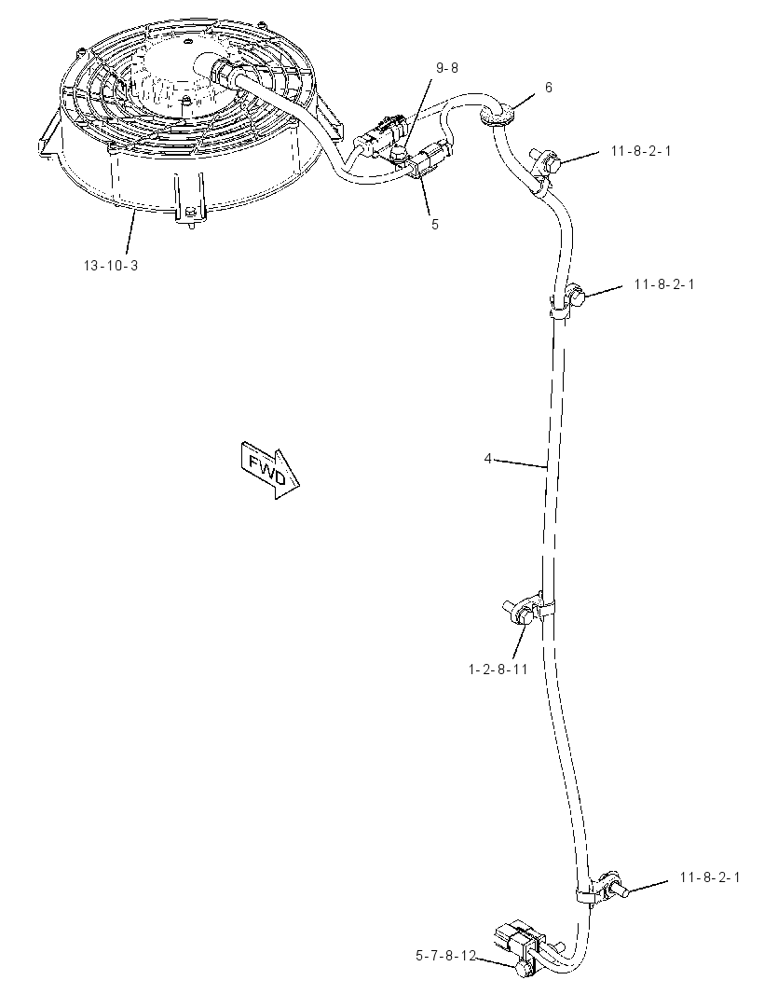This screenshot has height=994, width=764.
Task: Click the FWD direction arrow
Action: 269,470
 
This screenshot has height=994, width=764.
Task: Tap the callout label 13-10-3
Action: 111,266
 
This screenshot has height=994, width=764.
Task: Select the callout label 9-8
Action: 446,68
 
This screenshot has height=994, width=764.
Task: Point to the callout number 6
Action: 549,88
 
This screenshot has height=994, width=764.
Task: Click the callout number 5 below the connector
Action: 434,225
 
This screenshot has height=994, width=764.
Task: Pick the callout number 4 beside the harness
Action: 488,458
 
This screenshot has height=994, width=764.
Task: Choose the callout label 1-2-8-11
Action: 498,669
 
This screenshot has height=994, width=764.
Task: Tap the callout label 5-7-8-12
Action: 445,956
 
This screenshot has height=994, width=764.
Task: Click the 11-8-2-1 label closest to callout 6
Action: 641,151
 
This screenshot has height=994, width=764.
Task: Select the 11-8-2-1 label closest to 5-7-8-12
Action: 710,877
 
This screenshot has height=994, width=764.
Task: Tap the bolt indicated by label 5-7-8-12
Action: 524,969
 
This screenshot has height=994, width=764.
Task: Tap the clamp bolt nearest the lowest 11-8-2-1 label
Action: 615,885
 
